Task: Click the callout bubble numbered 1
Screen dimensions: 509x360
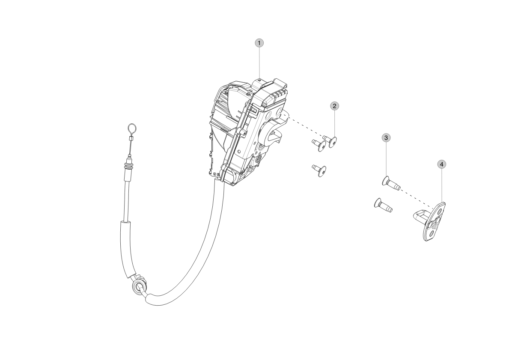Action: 259,43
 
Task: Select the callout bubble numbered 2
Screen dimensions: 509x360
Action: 334,106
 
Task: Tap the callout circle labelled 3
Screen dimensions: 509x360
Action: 386,138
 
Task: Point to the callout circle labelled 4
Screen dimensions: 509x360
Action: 441,164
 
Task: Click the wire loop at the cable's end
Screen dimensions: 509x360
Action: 131,130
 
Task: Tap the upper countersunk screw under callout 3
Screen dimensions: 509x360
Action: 391,184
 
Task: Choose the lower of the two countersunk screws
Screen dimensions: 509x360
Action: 383,205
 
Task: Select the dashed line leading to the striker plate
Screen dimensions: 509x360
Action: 417,198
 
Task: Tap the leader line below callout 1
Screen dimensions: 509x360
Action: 259,62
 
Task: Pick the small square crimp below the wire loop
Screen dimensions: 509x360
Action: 131,139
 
